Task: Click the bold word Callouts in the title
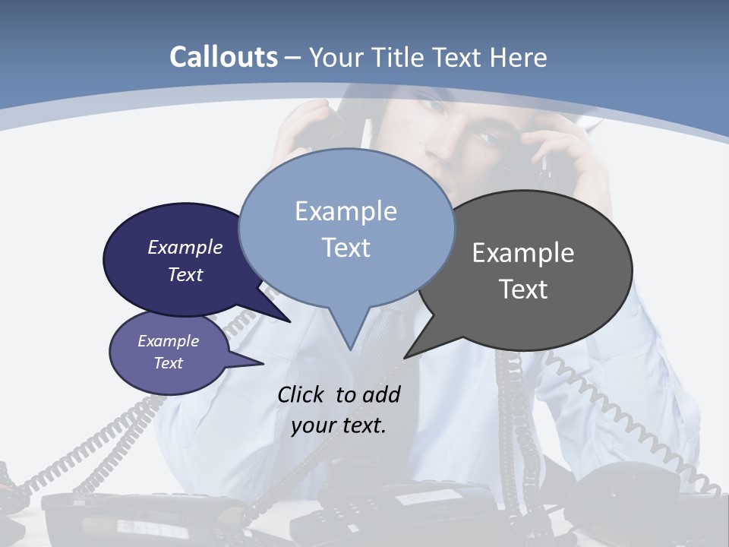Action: (x=223, y=57)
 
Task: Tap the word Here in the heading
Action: (x=519, y=57)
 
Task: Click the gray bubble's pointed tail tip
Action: (x=405, y=357)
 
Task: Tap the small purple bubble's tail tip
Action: (x=263, y=364)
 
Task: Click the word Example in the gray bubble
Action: (x=523, y=253)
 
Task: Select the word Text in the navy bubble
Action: (x=185, y=275)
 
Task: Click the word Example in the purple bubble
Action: (x=168, y=341)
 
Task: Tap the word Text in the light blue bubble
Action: (x=346, y=248)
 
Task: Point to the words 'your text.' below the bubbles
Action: (x=339, y=425)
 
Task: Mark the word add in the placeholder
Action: (x=380, y=394)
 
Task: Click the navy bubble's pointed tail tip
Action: (x=290, y=322)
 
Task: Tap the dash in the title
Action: (x=293, y=58)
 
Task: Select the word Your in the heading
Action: (x=337, y=57)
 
